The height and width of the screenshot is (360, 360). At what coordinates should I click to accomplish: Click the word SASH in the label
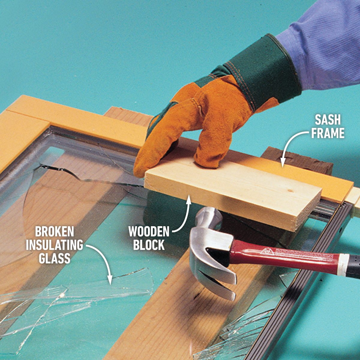pyautogui.click(x=328, y=120)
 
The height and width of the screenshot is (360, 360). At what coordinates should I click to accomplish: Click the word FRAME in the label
pyautogui.click(x=328, y=133)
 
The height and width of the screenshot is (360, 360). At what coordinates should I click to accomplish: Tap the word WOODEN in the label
pyautogui.click(x=149, y=232)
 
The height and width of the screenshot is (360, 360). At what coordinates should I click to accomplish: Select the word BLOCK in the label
pyautogui.click(x=149, y=245)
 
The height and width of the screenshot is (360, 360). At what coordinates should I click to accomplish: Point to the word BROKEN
pyautogui.click(x=54, y=232)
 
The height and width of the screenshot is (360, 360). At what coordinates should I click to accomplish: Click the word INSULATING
pyautogui.click(x=54, y=245)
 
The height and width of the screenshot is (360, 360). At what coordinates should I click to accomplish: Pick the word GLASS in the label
pyautogui.click(x=54, y=258)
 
